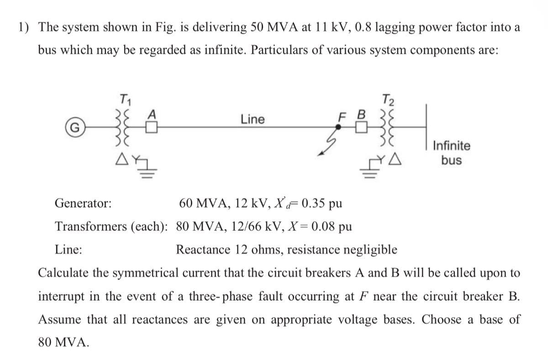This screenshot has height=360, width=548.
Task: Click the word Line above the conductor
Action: pyautogui.click(x=253, y=120)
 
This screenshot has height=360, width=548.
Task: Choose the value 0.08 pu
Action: pyautogui.click(x=329, y=226)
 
